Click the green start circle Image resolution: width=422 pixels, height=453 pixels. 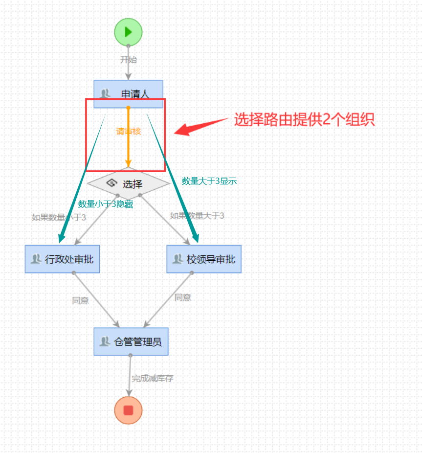click(x=128, y=32)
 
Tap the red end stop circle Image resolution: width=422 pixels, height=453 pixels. click(x=128, y=410)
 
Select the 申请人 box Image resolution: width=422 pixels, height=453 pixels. click(x=128, y=93)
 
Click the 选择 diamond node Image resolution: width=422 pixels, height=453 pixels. click(x=128, y=184)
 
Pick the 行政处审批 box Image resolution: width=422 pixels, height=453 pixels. click(x=63, y=259)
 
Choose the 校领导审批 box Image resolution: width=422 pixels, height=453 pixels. click(x=204, y=259)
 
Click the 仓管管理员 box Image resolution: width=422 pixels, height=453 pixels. click(x=131, y=341)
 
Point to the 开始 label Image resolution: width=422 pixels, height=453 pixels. click(x=129, y=60)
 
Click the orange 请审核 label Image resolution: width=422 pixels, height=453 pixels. click(x=128, y=131)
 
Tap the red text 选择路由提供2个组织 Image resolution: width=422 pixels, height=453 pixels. click(x=304, y=120)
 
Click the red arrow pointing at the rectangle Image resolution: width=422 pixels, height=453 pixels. click(x=201, y=125)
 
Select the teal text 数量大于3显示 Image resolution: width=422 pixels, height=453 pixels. click(x=209, y=181)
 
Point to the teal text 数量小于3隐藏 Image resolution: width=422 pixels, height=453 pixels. click(x=106, y=204)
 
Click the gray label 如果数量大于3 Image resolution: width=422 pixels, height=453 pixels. click(x=197, y=215)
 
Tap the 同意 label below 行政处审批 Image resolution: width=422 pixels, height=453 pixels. click(x=80, y=300)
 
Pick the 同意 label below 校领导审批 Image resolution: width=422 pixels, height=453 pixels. click(x=183, y=297)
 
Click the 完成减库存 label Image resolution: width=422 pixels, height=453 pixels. click(x=153, y=378)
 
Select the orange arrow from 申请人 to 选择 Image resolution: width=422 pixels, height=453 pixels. click(x=128, y=147)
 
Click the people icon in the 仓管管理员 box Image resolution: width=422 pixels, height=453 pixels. click(x=104, y=341)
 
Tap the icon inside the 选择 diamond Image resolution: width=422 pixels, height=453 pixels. click(x=111, y=183)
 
